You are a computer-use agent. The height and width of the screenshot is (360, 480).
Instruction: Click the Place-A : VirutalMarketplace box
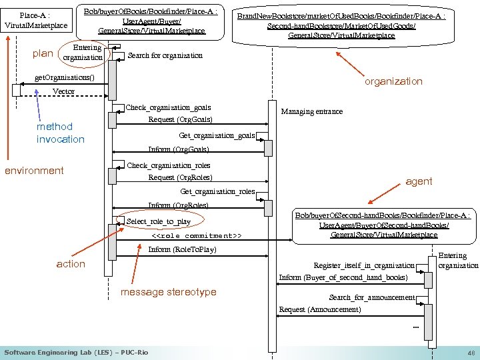[36, 20]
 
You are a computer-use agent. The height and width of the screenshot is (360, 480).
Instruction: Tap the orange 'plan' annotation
[43, 53]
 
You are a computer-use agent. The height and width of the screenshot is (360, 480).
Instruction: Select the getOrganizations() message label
[65, 77]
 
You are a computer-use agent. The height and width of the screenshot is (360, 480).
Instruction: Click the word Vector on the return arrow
[63, 91]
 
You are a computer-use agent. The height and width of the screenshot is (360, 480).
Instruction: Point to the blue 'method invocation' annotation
[60, 133]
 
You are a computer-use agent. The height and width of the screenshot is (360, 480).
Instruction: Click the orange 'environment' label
[34, 171]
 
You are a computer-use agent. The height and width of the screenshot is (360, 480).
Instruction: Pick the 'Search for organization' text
[165, 55]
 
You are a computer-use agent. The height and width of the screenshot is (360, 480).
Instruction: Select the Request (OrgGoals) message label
[180, 119]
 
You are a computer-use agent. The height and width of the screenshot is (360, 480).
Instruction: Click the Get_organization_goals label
[217, 135]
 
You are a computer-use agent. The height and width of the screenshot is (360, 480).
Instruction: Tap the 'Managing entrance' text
[311, 111]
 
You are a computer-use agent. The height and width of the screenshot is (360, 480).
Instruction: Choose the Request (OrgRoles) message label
[180, 177]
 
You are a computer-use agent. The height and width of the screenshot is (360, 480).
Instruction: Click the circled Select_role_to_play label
[159, 221]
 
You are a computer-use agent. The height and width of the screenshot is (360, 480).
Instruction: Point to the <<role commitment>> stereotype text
[197, 236]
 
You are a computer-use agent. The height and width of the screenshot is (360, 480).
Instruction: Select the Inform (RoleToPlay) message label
[182, 249]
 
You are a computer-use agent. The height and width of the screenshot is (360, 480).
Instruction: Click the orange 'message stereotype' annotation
[169, 292]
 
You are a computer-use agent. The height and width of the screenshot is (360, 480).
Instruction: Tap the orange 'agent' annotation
[419, 181]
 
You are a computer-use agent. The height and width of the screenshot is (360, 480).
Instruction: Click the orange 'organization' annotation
[393, 81]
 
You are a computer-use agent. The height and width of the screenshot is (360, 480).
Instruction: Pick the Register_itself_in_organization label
[364, 265]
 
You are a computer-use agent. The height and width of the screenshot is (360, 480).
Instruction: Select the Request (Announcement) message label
[320, 309]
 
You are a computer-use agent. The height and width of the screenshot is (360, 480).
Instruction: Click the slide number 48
[471, 353]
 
